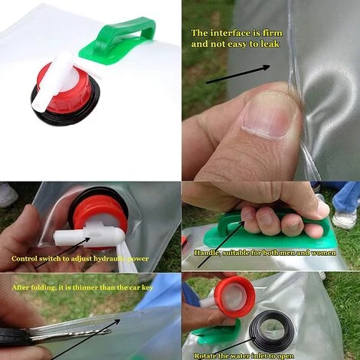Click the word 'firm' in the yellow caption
click(x=273, y=33)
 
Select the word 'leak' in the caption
click(x=270, y=44)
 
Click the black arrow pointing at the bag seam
click(x=237, y=74)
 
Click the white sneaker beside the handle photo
click(x=344, y=218)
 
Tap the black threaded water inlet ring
click(x=271, y=327)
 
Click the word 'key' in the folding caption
click(x=148, y=288)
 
